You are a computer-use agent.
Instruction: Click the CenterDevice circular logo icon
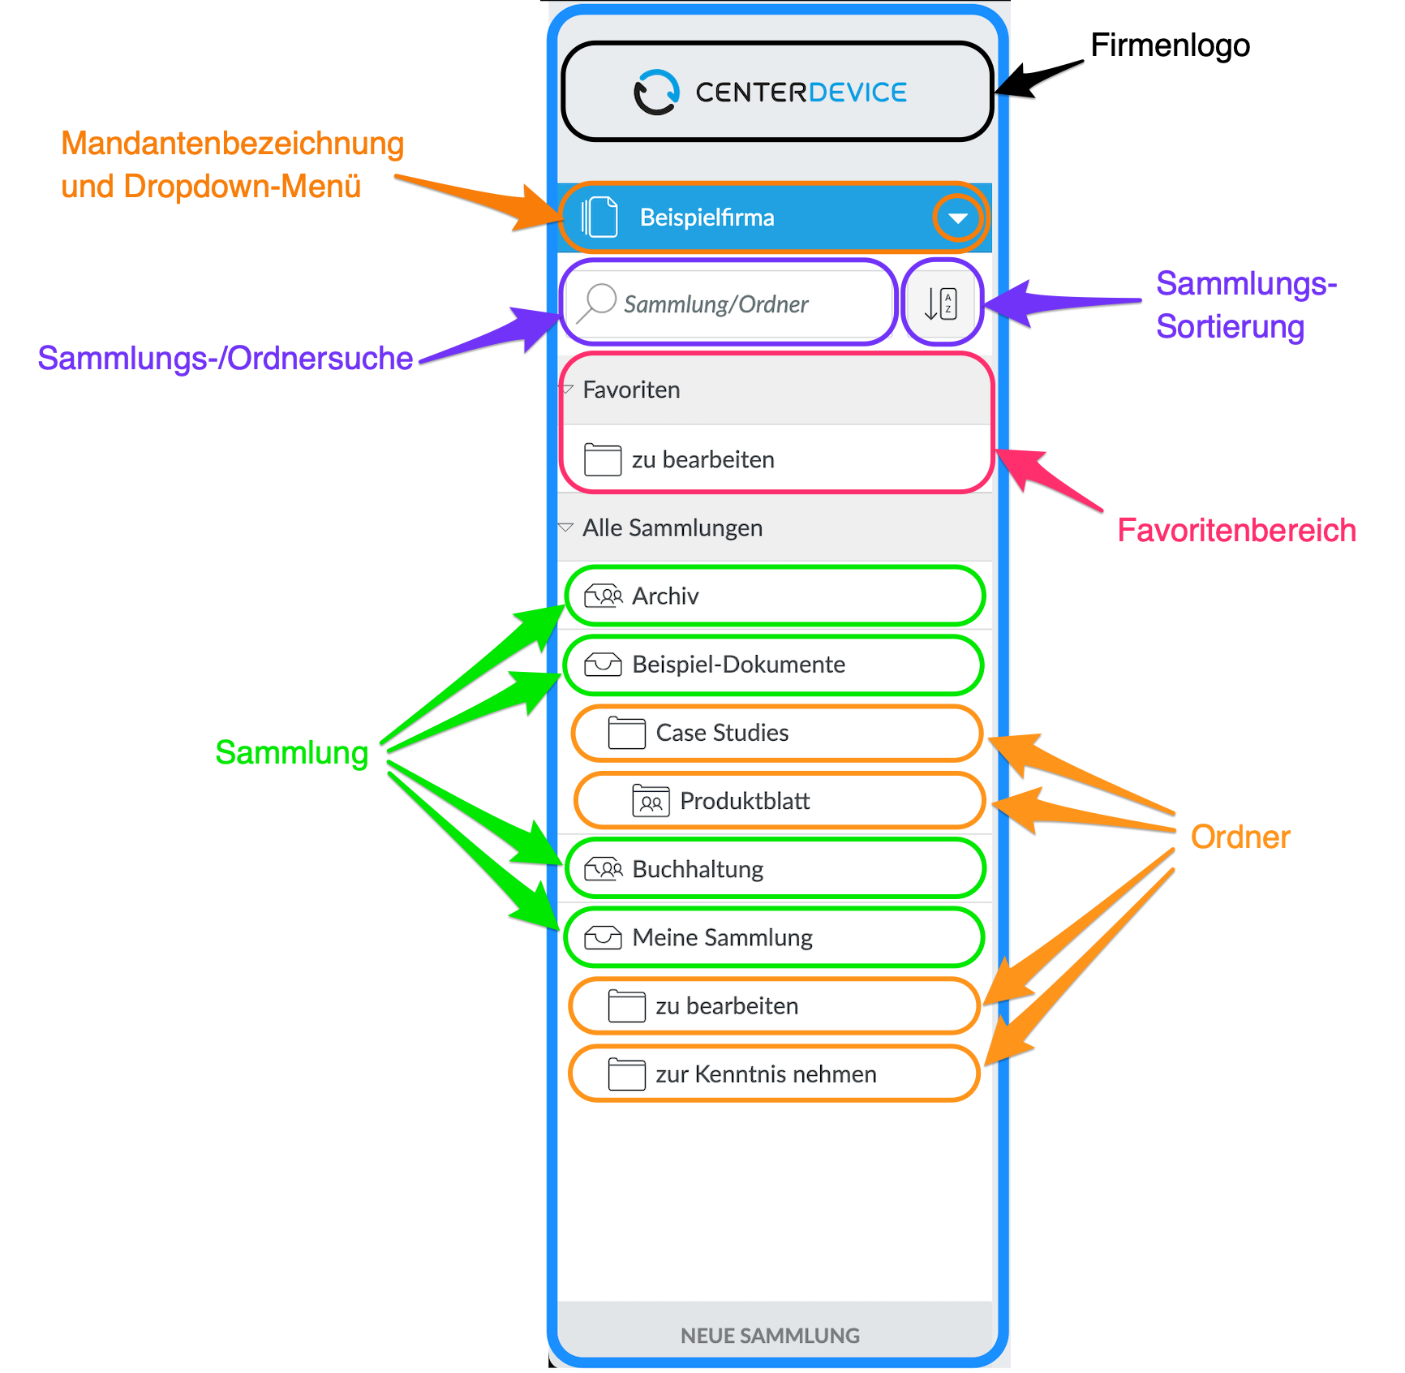656,93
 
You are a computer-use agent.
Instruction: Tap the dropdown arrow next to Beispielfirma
958,218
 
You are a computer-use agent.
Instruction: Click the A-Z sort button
941,303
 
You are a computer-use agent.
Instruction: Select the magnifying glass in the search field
598,303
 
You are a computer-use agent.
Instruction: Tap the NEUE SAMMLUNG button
770,1336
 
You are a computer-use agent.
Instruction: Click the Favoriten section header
631,390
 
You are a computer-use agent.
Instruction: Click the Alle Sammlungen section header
672,528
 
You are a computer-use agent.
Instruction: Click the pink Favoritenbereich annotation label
1236,531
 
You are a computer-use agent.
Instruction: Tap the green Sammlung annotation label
292,753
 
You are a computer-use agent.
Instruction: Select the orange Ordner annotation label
1240,837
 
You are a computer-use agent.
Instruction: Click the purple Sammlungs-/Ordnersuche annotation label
226,358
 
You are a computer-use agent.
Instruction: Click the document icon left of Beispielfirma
599,217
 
